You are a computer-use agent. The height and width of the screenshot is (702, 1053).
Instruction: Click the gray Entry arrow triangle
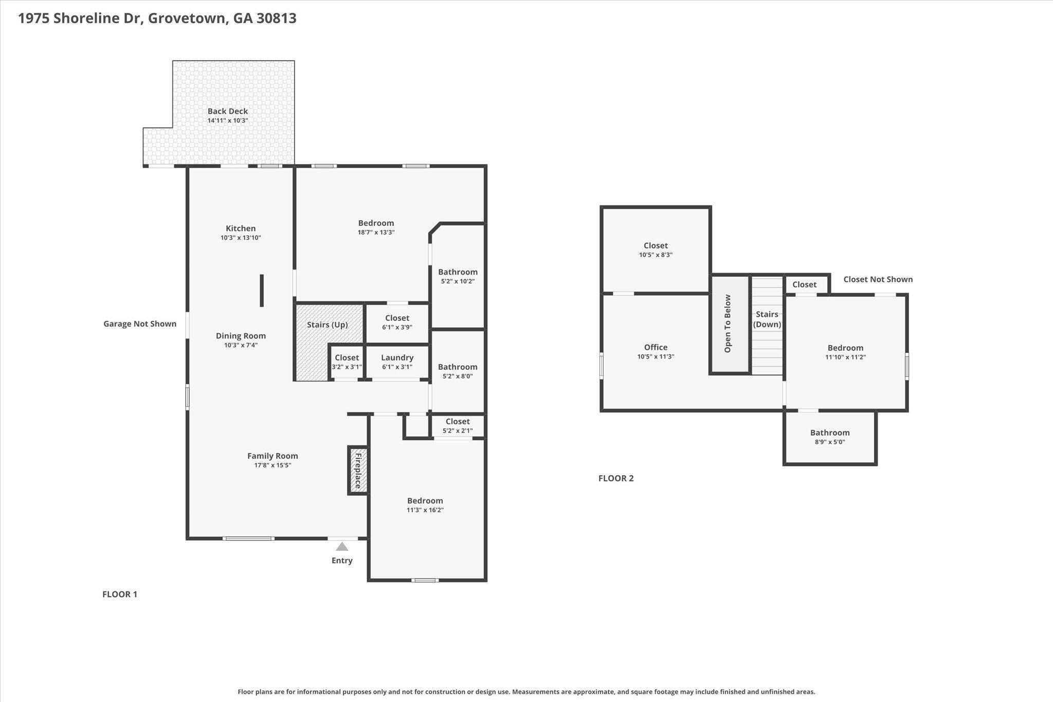[342, 546]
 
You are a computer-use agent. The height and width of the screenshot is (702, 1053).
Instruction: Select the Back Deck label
[228, 111]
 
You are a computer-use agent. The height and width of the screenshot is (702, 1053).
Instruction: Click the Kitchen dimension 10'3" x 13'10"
[241, 238]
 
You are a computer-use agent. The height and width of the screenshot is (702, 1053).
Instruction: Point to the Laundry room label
[397, 358]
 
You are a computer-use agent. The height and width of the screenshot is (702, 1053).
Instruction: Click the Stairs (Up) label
[328, 325]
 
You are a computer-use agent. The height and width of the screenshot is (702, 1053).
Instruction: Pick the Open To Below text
[728, 323]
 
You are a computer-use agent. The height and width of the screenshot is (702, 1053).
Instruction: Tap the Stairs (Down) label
[767, 319]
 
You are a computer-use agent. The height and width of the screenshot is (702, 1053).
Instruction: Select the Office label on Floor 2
[656, 347]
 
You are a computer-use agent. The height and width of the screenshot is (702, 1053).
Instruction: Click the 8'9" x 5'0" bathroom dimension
[830, 442]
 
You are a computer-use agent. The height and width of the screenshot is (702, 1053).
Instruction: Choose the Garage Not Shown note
[140, 324]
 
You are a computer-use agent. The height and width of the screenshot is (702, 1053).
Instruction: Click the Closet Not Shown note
[878, 279]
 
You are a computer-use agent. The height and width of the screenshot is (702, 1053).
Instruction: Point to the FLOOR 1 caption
[120, 595]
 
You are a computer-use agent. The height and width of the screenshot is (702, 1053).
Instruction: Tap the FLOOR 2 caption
[616, 478]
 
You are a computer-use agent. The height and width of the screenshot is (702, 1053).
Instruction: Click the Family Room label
[273, 456]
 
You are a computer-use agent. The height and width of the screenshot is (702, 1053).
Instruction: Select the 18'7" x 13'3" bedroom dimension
[376, 232]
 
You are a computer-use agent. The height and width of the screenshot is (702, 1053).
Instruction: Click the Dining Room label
[241, 336]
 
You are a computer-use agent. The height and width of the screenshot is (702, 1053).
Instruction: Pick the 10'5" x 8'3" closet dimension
[656, 255]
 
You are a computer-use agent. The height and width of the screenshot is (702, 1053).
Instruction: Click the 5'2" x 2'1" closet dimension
[458, 431]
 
